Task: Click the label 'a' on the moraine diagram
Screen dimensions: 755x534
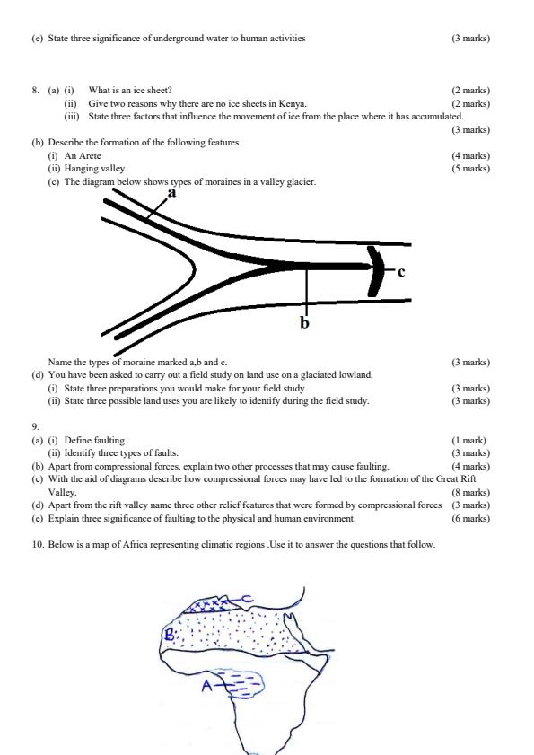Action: pyautogui.click(x=171, y=192)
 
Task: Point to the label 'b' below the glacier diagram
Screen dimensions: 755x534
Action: pyautogui.click(x=304, y=322)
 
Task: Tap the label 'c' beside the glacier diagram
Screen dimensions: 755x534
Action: pyautogui.click(x=401, y=271)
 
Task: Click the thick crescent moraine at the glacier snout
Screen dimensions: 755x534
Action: pyautogui.click(x=375, y=268)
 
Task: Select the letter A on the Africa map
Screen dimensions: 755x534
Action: pyautogui.click(x=206, y=687)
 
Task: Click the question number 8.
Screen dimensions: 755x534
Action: pyautogui.click(x=36, y=91)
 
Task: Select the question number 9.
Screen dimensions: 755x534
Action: pyautogui.click(x=36, y=427)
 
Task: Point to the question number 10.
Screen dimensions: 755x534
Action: pyautogui.click(x=38, y=544)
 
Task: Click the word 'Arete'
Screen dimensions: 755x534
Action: pyautogui.click(x=90, y=155)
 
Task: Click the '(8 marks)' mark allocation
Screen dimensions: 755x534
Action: pyautogui.click(x=470, y=492)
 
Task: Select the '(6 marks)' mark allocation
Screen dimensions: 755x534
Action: pyautogui.click(x=470, y=518)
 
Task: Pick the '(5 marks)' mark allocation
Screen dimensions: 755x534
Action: pyautogui.click(x=470, y=168)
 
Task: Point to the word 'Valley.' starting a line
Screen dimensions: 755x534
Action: pyautogui.click(x=63, y=492)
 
